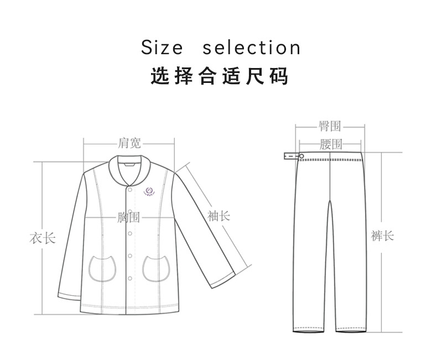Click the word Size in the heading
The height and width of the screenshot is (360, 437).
coord(162,48)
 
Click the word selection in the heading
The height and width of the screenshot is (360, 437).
coord(251,48)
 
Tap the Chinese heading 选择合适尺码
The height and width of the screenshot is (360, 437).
coord(220,76)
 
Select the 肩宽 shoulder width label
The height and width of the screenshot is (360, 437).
coord(129,143)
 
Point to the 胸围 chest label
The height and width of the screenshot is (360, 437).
coord(128,217)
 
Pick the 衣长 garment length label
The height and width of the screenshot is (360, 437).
coord(42,239)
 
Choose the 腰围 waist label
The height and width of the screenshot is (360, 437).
coord(331,144)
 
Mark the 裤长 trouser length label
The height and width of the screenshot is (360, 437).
coord(382,236)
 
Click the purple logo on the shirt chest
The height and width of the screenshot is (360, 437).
coord(150,191)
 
